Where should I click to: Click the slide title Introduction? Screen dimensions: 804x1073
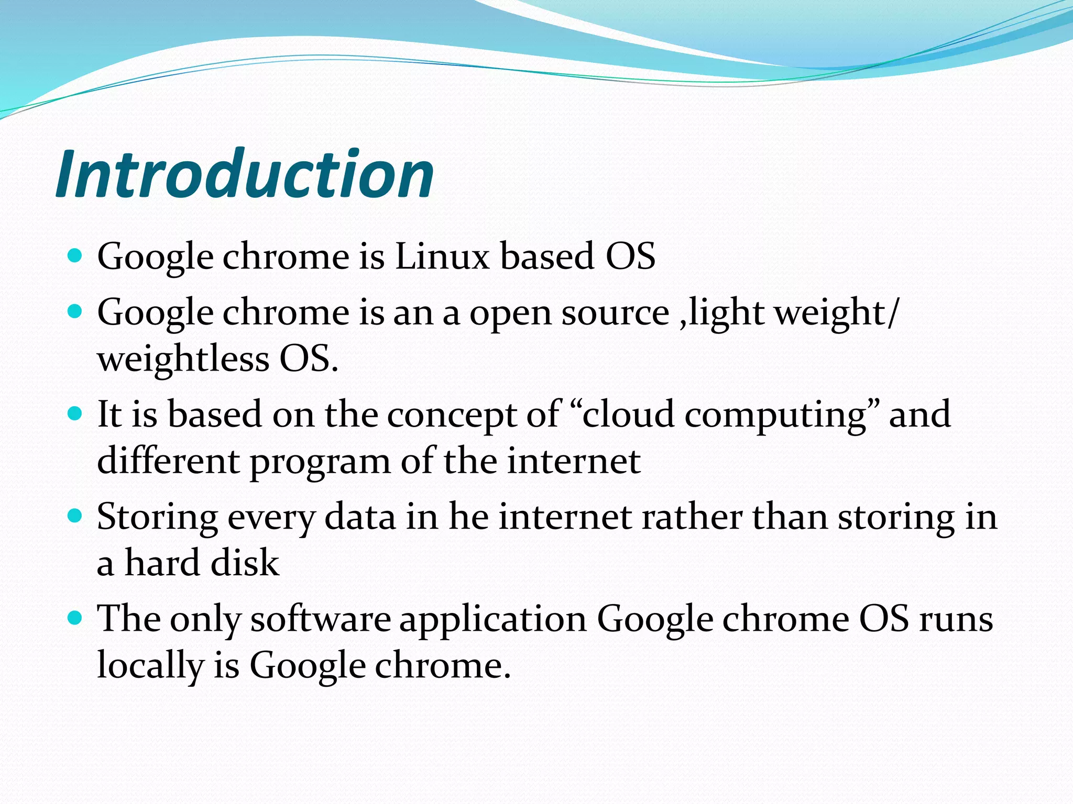(245, 174)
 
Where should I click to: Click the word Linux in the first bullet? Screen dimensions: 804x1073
(442, 256)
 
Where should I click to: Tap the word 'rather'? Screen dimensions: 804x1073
(692, 517)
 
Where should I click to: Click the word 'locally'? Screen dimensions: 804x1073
(150, 666)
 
